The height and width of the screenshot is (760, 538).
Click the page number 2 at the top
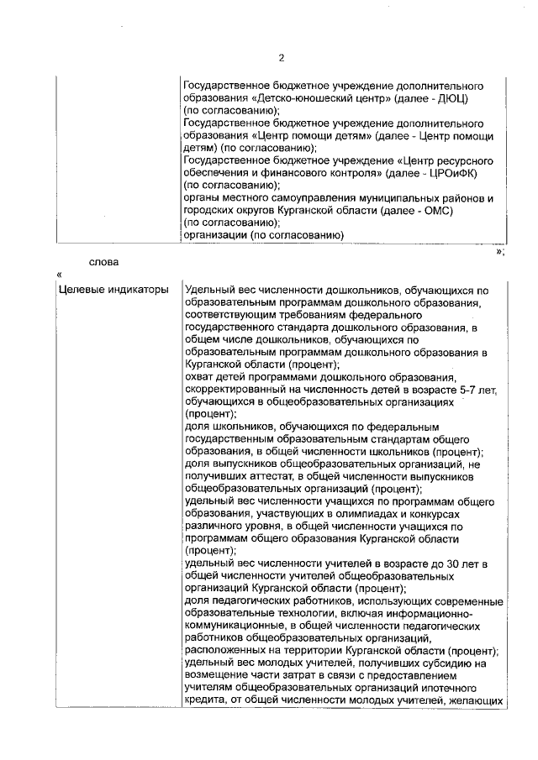282,58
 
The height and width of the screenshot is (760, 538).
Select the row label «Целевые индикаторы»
103,291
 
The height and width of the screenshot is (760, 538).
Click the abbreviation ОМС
435,211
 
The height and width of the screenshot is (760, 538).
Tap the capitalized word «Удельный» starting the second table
209,291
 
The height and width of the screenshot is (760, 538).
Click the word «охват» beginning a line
200,377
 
